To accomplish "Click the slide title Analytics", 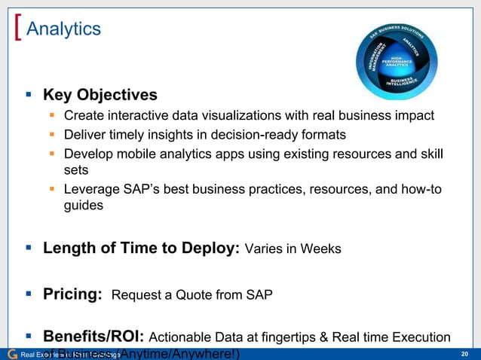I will (x=63, y=29).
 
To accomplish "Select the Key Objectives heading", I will (x=100, y=96).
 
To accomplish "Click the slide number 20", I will (x=464, y=354).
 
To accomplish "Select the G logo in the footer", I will (x=11, y=354).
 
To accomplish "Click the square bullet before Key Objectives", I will (x=29, y=96).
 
